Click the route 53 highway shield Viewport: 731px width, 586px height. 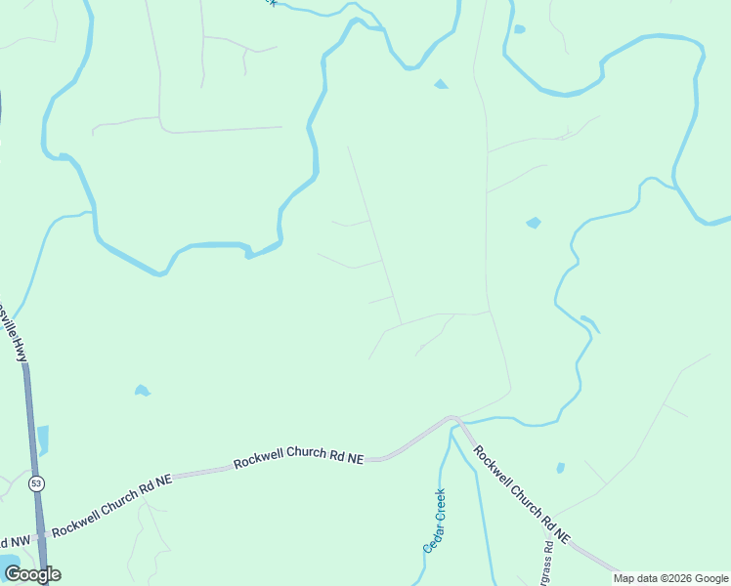(36, 483)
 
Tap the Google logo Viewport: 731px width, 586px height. (32, 574)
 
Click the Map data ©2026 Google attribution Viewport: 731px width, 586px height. (670, 578)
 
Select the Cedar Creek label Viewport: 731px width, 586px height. (435, 520)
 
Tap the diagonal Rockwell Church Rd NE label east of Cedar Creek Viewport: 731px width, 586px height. (522, 494)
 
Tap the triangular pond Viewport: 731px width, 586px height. (441, 84)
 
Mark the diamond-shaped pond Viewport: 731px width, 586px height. (533, 223)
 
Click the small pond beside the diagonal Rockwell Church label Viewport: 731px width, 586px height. (560, 468)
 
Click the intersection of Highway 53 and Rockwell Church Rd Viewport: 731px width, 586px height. (40, 536)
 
